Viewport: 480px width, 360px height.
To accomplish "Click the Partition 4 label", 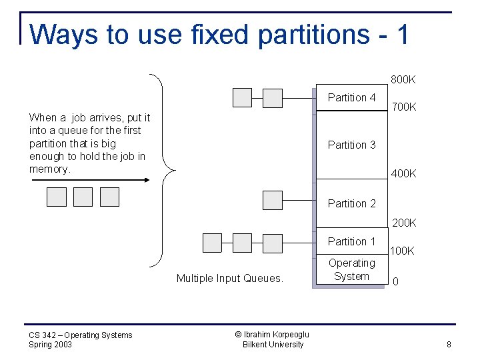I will click(351, 98).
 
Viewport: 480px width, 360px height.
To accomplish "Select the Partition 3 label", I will click(351, 145).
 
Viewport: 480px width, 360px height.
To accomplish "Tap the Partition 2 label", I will click(351, 203).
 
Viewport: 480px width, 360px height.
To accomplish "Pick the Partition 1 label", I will click(351, 241).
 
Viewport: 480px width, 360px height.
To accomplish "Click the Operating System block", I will click(351, 270).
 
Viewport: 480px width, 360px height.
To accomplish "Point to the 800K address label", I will click(403, 80).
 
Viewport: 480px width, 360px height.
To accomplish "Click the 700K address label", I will click(403, 107).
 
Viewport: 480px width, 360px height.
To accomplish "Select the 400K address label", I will click(403, 173).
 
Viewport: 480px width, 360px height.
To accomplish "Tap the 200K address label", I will click(403, 223).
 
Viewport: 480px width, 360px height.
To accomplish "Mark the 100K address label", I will click(402, 251).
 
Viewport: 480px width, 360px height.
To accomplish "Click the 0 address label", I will click(396, 282).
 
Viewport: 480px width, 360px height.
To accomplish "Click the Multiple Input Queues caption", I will click(229, 279).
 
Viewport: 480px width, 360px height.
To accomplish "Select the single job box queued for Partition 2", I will click(273, 200).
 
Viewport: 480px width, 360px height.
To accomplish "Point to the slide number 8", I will click(449, 345).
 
